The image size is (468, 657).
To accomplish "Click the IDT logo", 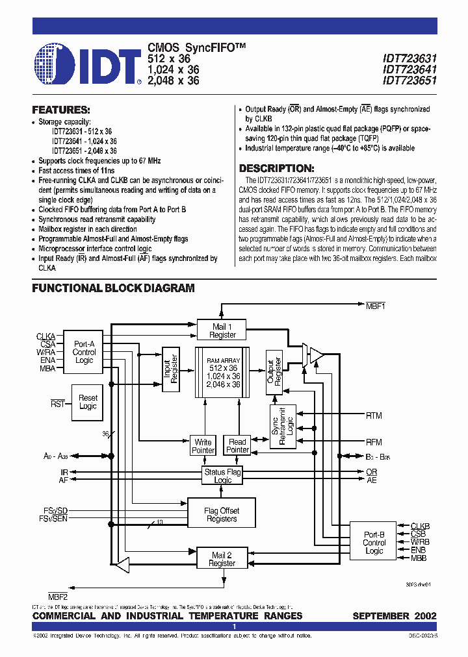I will coord(87,64).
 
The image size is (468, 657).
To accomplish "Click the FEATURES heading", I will coord(61,110).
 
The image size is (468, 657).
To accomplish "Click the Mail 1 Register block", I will coord(222,330).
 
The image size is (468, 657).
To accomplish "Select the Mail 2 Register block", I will coord(222,559).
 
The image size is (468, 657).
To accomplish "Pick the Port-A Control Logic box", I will coord(84,353).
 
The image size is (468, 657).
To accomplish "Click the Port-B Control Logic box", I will coord(374,543).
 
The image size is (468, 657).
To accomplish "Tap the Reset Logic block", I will coord(88,402).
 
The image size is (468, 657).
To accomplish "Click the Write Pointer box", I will coord(203,446).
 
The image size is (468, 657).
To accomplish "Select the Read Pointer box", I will coord(237,446).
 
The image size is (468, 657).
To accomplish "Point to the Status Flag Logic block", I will coord(222,476).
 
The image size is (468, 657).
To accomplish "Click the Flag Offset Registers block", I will coord(221,515).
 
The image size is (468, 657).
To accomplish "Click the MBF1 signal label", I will coord(376,305).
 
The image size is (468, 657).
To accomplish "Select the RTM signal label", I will coord(374,415).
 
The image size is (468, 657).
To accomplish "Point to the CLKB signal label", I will coord(420,526).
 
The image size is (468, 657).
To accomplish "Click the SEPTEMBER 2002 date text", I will coord(394,615).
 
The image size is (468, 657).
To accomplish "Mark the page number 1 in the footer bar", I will coord(234,626).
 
